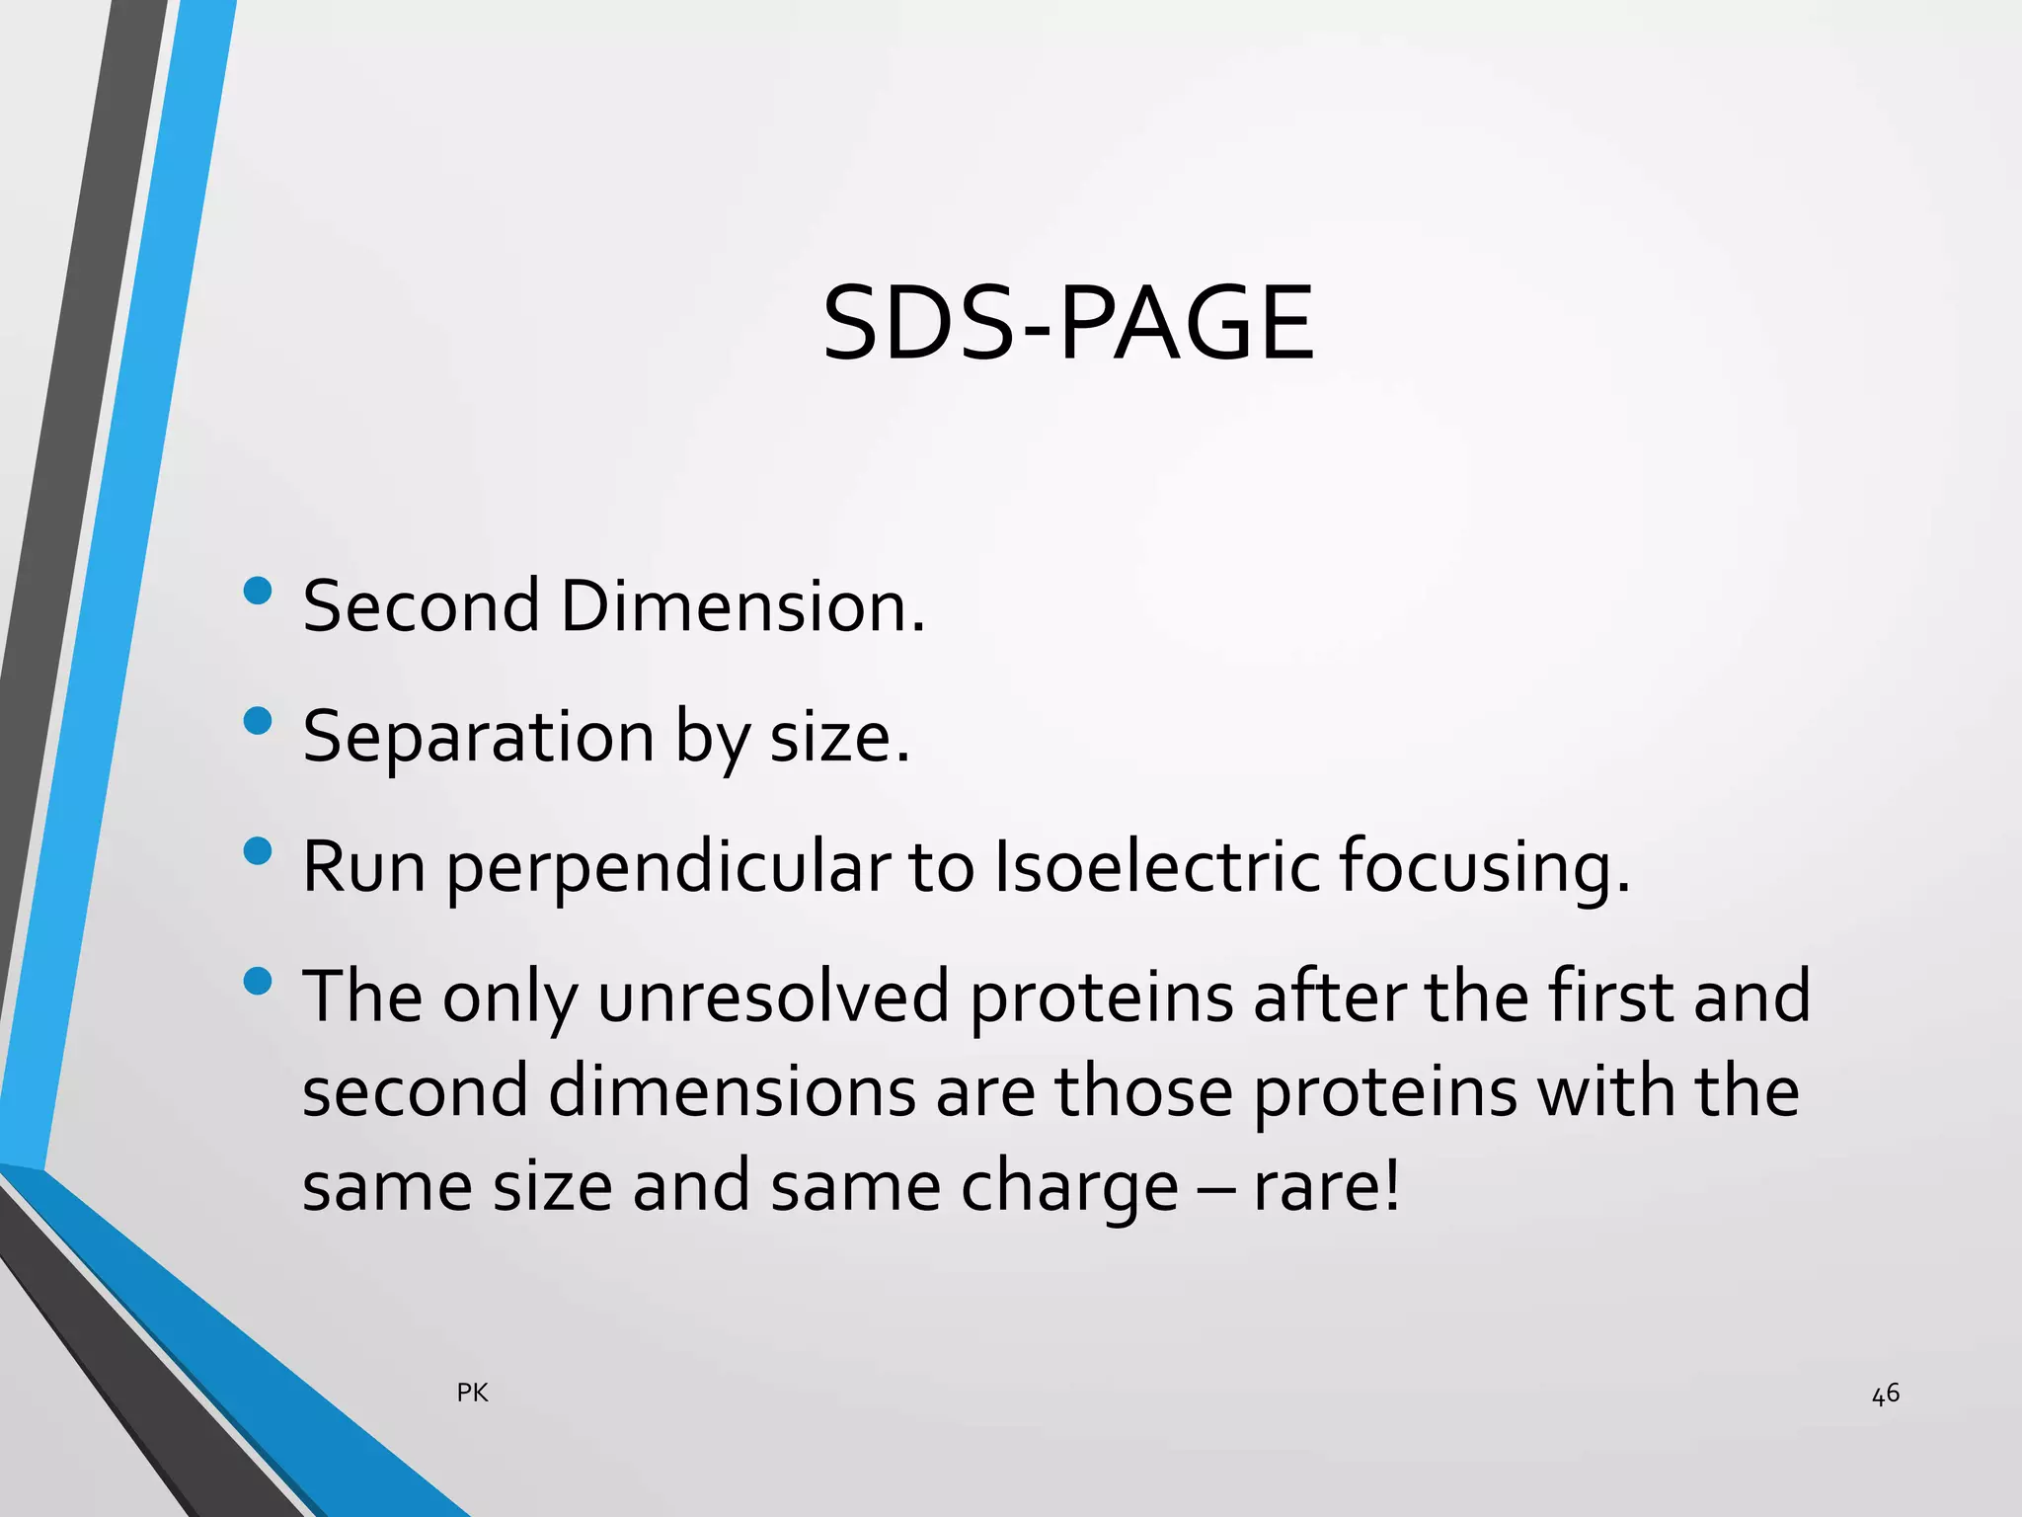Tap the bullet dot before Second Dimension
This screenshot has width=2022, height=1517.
click(257, 592)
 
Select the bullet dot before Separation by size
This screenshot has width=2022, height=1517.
click(257, 721)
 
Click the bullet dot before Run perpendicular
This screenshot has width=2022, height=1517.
click(257, 851)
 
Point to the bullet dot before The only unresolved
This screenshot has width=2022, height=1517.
click(257, 981)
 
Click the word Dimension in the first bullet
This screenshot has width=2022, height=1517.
click(742, 605)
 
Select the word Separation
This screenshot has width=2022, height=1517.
click(479, 737)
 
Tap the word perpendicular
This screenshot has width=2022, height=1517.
click(668, 867)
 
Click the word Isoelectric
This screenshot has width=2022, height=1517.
click(1156, 866)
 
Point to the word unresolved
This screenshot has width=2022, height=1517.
click(773, 997)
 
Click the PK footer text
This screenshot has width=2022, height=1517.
click(473, 1393)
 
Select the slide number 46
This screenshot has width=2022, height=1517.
click(1886, 1394)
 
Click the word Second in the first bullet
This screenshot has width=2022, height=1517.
click(422, 605)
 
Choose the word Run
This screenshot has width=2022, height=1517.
click(363, 866)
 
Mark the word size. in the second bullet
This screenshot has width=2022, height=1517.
click(839, 737)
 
